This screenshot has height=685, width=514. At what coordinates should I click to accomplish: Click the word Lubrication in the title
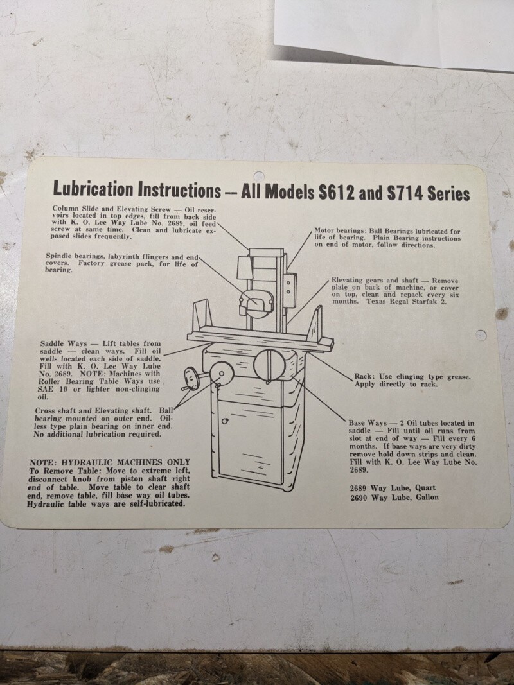(93, 189)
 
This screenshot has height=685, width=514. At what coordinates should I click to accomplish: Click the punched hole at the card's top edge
(259, 176)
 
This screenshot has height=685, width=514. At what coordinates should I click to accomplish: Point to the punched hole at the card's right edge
(481, 335)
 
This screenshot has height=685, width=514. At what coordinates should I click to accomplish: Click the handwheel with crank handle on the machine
(191, 378)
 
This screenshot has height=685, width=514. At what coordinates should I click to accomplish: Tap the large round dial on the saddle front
(269, 365)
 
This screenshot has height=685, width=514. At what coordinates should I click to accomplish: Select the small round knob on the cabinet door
(225, 421)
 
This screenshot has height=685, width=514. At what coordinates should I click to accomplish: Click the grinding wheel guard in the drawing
(256, 302)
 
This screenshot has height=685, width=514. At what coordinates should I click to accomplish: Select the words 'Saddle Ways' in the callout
(64, 344)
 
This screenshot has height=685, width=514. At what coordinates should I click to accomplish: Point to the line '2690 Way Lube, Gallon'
(394, 497)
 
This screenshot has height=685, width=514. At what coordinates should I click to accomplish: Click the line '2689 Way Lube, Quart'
(393, 488)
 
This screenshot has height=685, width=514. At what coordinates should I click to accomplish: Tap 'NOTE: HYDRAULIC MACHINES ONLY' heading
(110, 462)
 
